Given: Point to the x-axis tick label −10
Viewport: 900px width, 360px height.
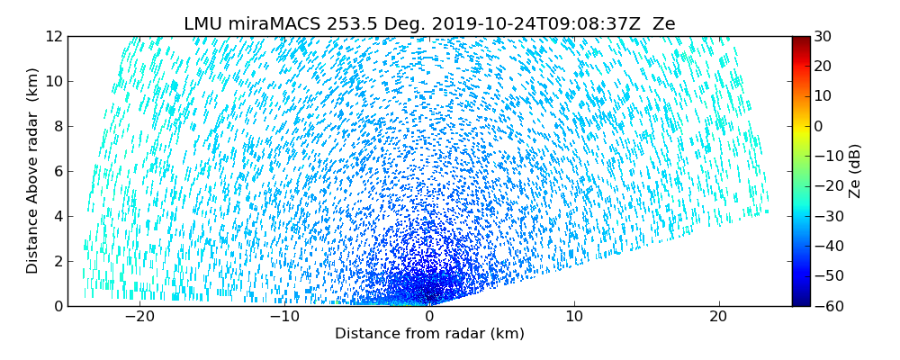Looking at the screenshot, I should [x=283, y=317].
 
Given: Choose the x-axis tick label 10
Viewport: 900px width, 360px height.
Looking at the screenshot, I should [x=574, y=317].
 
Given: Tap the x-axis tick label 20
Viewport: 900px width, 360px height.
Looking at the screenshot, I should [x=719, y=317].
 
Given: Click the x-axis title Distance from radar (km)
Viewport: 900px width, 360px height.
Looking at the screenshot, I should [x=429, y=334].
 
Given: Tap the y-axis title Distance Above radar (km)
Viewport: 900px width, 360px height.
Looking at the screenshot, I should [x=32, y=171].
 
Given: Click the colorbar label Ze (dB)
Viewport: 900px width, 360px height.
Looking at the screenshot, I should [x=855, y=171].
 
